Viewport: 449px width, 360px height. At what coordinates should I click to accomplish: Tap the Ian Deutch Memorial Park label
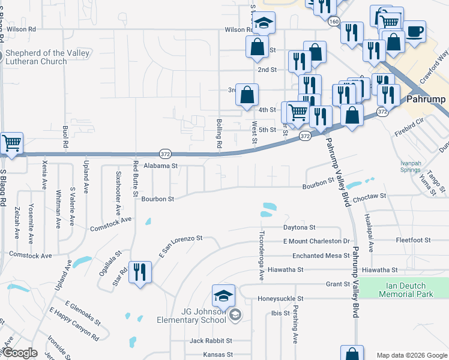pyautogui.click(x=405, y=290)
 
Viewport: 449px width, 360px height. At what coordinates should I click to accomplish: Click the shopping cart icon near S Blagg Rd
pyautogui.click(x=11, y=144)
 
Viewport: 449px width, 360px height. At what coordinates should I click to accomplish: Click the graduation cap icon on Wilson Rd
pyautogui.click(x=262, y=24)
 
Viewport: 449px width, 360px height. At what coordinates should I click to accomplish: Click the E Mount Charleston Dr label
pyautogui.click(x=316, y=241)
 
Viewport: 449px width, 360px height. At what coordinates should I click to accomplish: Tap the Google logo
pyautogui.click(x=20, y=353)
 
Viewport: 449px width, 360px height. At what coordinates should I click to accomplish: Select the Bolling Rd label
pyautogui.click(x=219, y=134)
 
